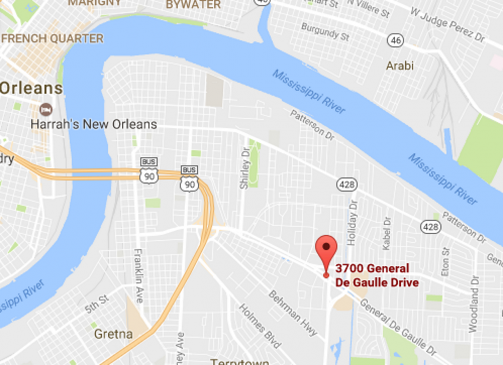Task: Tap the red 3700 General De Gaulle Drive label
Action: pos(373,276)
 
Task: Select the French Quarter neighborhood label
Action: pos(52,39)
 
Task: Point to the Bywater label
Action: pos(193,5)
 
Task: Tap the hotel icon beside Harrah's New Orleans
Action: pos(46,109)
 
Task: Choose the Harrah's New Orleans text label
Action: pos(94,124)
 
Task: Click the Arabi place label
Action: pos(399,65)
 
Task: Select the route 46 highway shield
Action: pos(396,40)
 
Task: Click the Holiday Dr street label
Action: pos(352,226)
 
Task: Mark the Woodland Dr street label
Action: pos(473,303)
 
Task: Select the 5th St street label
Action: pos(97,304)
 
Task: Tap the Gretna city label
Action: pos(113,334)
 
